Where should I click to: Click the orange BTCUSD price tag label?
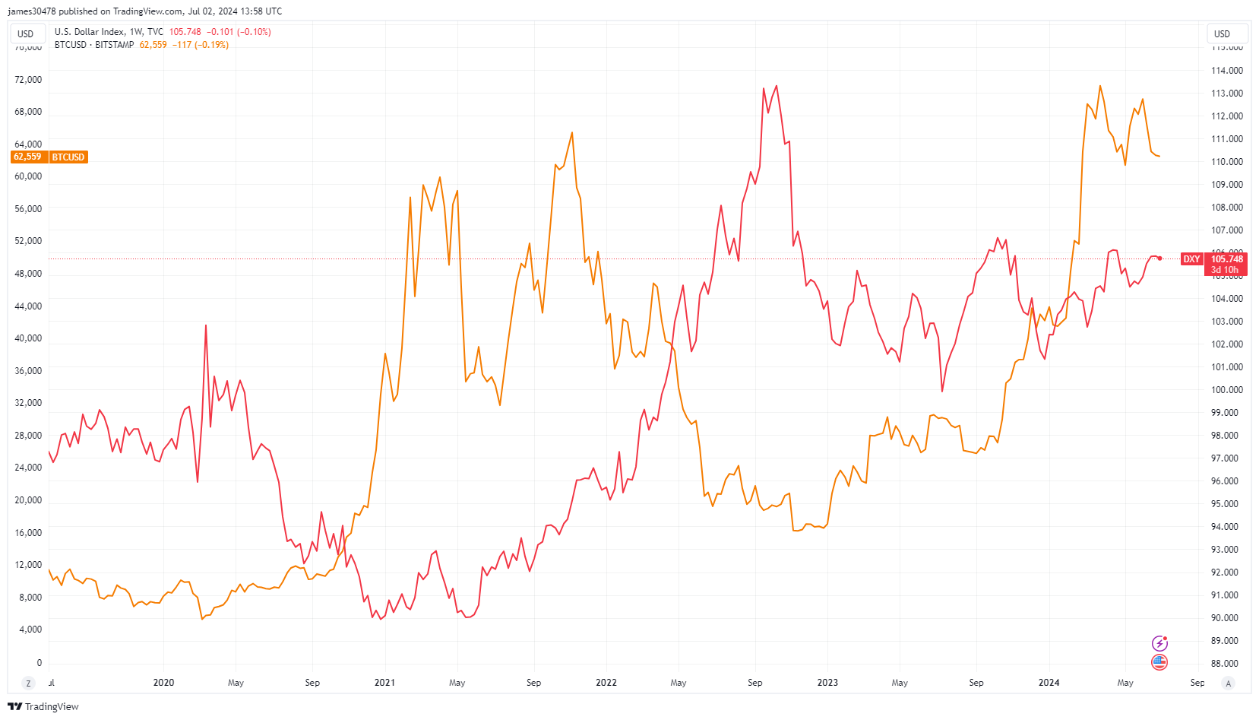[x=68, y=157]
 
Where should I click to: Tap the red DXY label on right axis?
[x=1191, y=259]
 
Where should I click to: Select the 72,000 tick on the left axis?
[x=28, y=80]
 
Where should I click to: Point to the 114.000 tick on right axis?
[x=1226, y=71]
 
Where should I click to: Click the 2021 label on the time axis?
[x=384, y=683]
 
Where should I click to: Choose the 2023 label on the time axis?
[x=827, y=683]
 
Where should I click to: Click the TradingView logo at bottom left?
[x=43, y=706]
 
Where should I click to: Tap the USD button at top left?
[x=26, y=34]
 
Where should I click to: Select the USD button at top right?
[x=1222, y=34]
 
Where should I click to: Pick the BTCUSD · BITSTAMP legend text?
[x=94, y=45]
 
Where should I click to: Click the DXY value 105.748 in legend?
[x=185, y=32]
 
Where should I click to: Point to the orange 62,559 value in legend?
[x=153, y=45]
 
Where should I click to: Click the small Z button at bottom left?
[x=29, y=683]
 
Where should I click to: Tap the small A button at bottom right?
[x=1228, y=683]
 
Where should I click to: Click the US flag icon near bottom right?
[x=1159, y=662]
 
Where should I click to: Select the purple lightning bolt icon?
[x=1159, y=643]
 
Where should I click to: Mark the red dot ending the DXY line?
[x=1159, y=259]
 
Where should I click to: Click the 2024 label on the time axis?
[x=1049, y=683]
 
